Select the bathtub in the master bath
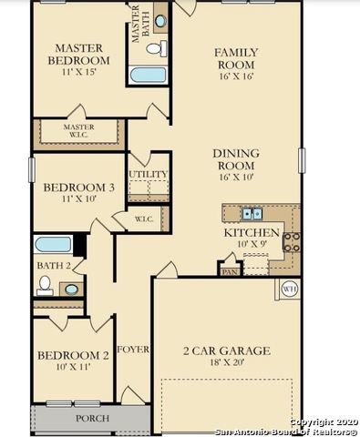(x=148, y=75)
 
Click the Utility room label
(x=148, y=173)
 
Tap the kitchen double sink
(x=252, y=214)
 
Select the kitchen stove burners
(x=292, y=241)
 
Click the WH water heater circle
(x=290, y=290)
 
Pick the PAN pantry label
(x=230, y=270)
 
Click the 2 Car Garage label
(x=226, y=351)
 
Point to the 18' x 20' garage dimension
(x=226, y=362)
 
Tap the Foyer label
(x=133, y=350)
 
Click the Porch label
(x=92, y=419)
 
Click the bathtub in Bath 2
(x=53, y=244)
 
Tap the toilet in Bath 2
(x=45, y=284)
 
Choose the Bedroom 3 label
(x=78, y=188)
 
